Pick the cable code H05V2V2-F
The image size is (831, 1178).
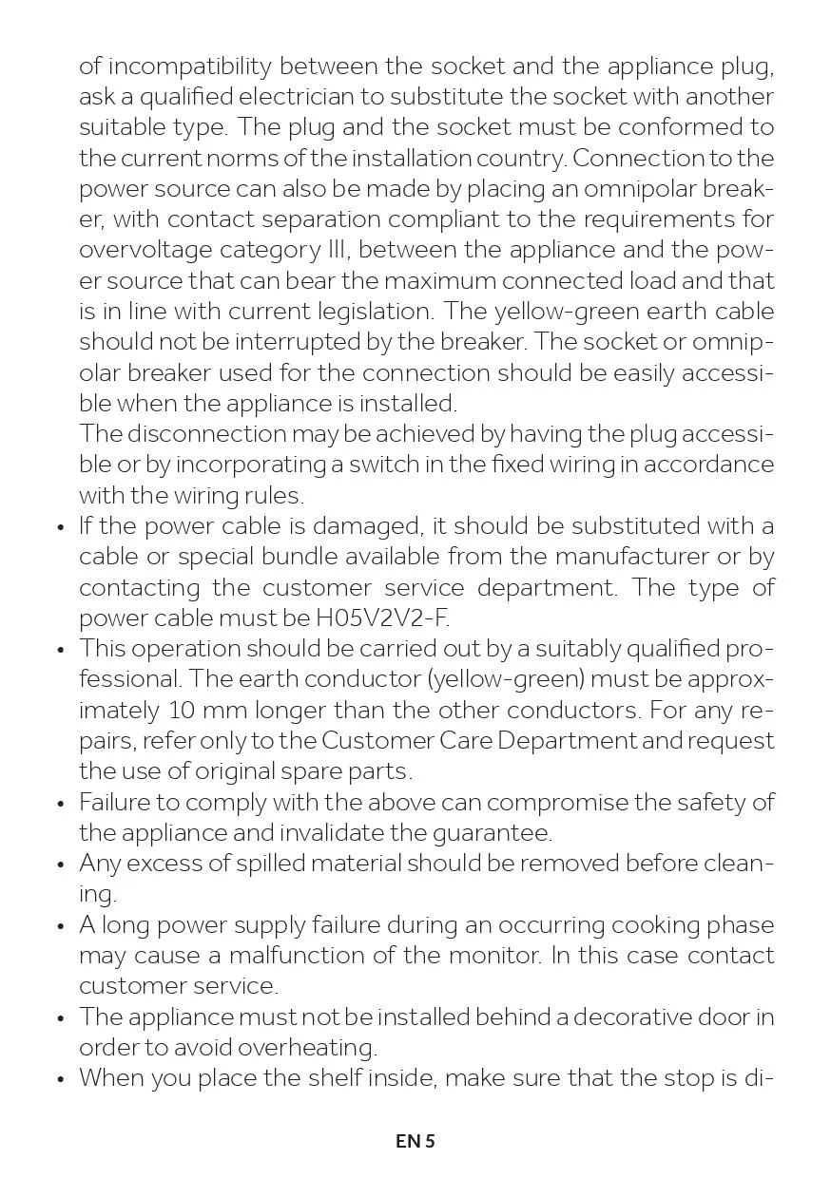(x=382, y=618)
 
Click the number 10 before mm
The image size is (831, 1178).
(x=182, y=711)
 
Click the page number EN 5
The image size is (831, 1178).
(x=415, y=1141)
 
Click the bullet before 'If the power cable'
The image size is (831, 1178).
(x=61, y=528)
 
